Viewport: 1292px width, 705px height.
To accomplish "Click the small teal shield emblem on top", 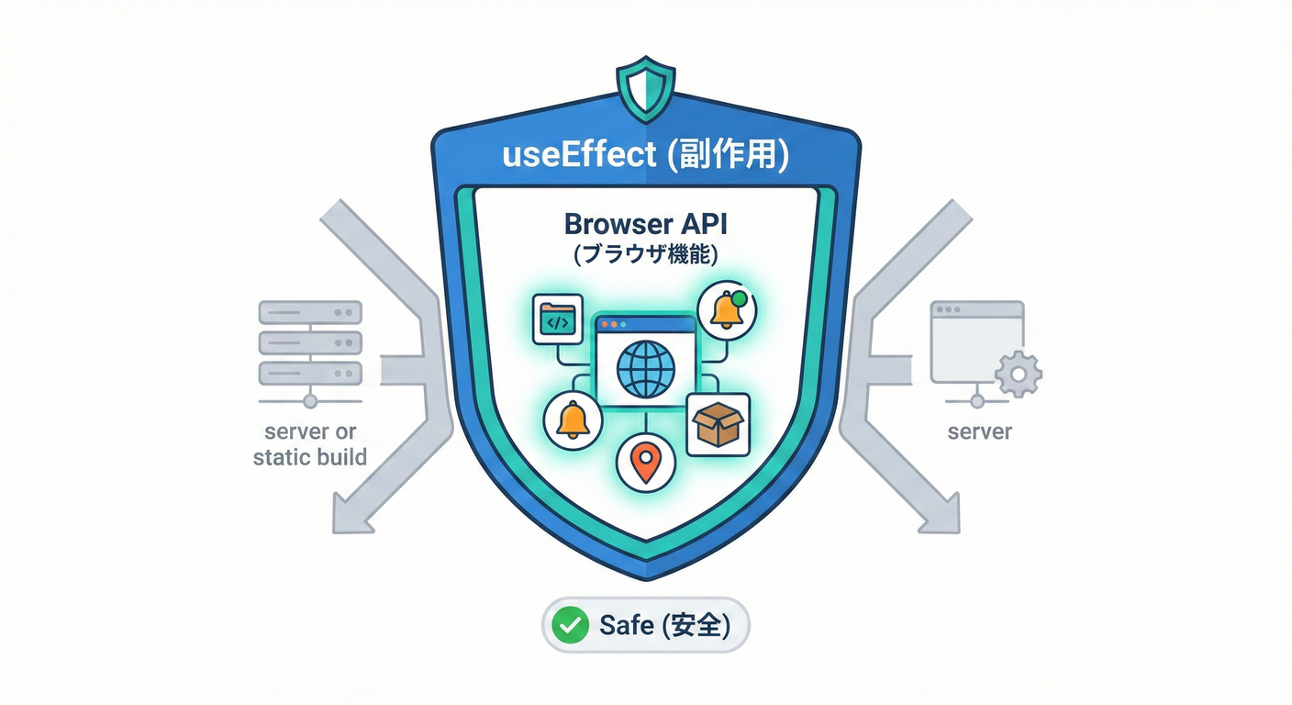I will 646,90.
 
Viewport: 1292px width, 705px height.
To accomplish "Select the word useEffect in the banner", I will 579,154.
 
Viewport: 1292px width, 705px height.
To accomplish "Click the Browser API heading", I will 645,225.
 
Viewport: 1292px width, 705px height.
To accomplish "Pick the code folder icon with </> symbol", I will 557,319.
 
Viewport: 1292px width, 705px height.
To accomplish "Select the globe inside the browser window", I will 646,369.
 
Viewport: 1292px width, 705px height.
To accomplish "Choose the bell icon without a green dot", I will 573,420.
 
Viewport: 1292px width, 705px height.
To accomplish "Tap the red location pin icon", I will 647,462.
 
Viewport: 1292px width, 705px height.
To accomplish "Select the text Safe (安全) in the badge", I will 664,626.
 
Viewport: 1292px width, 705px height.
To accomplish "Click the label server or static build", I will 309,443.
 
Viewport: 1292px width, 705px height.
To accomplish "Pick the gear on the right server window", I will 1019,374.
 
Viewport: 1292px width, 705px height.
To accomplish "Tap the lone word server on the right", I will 979,431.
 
